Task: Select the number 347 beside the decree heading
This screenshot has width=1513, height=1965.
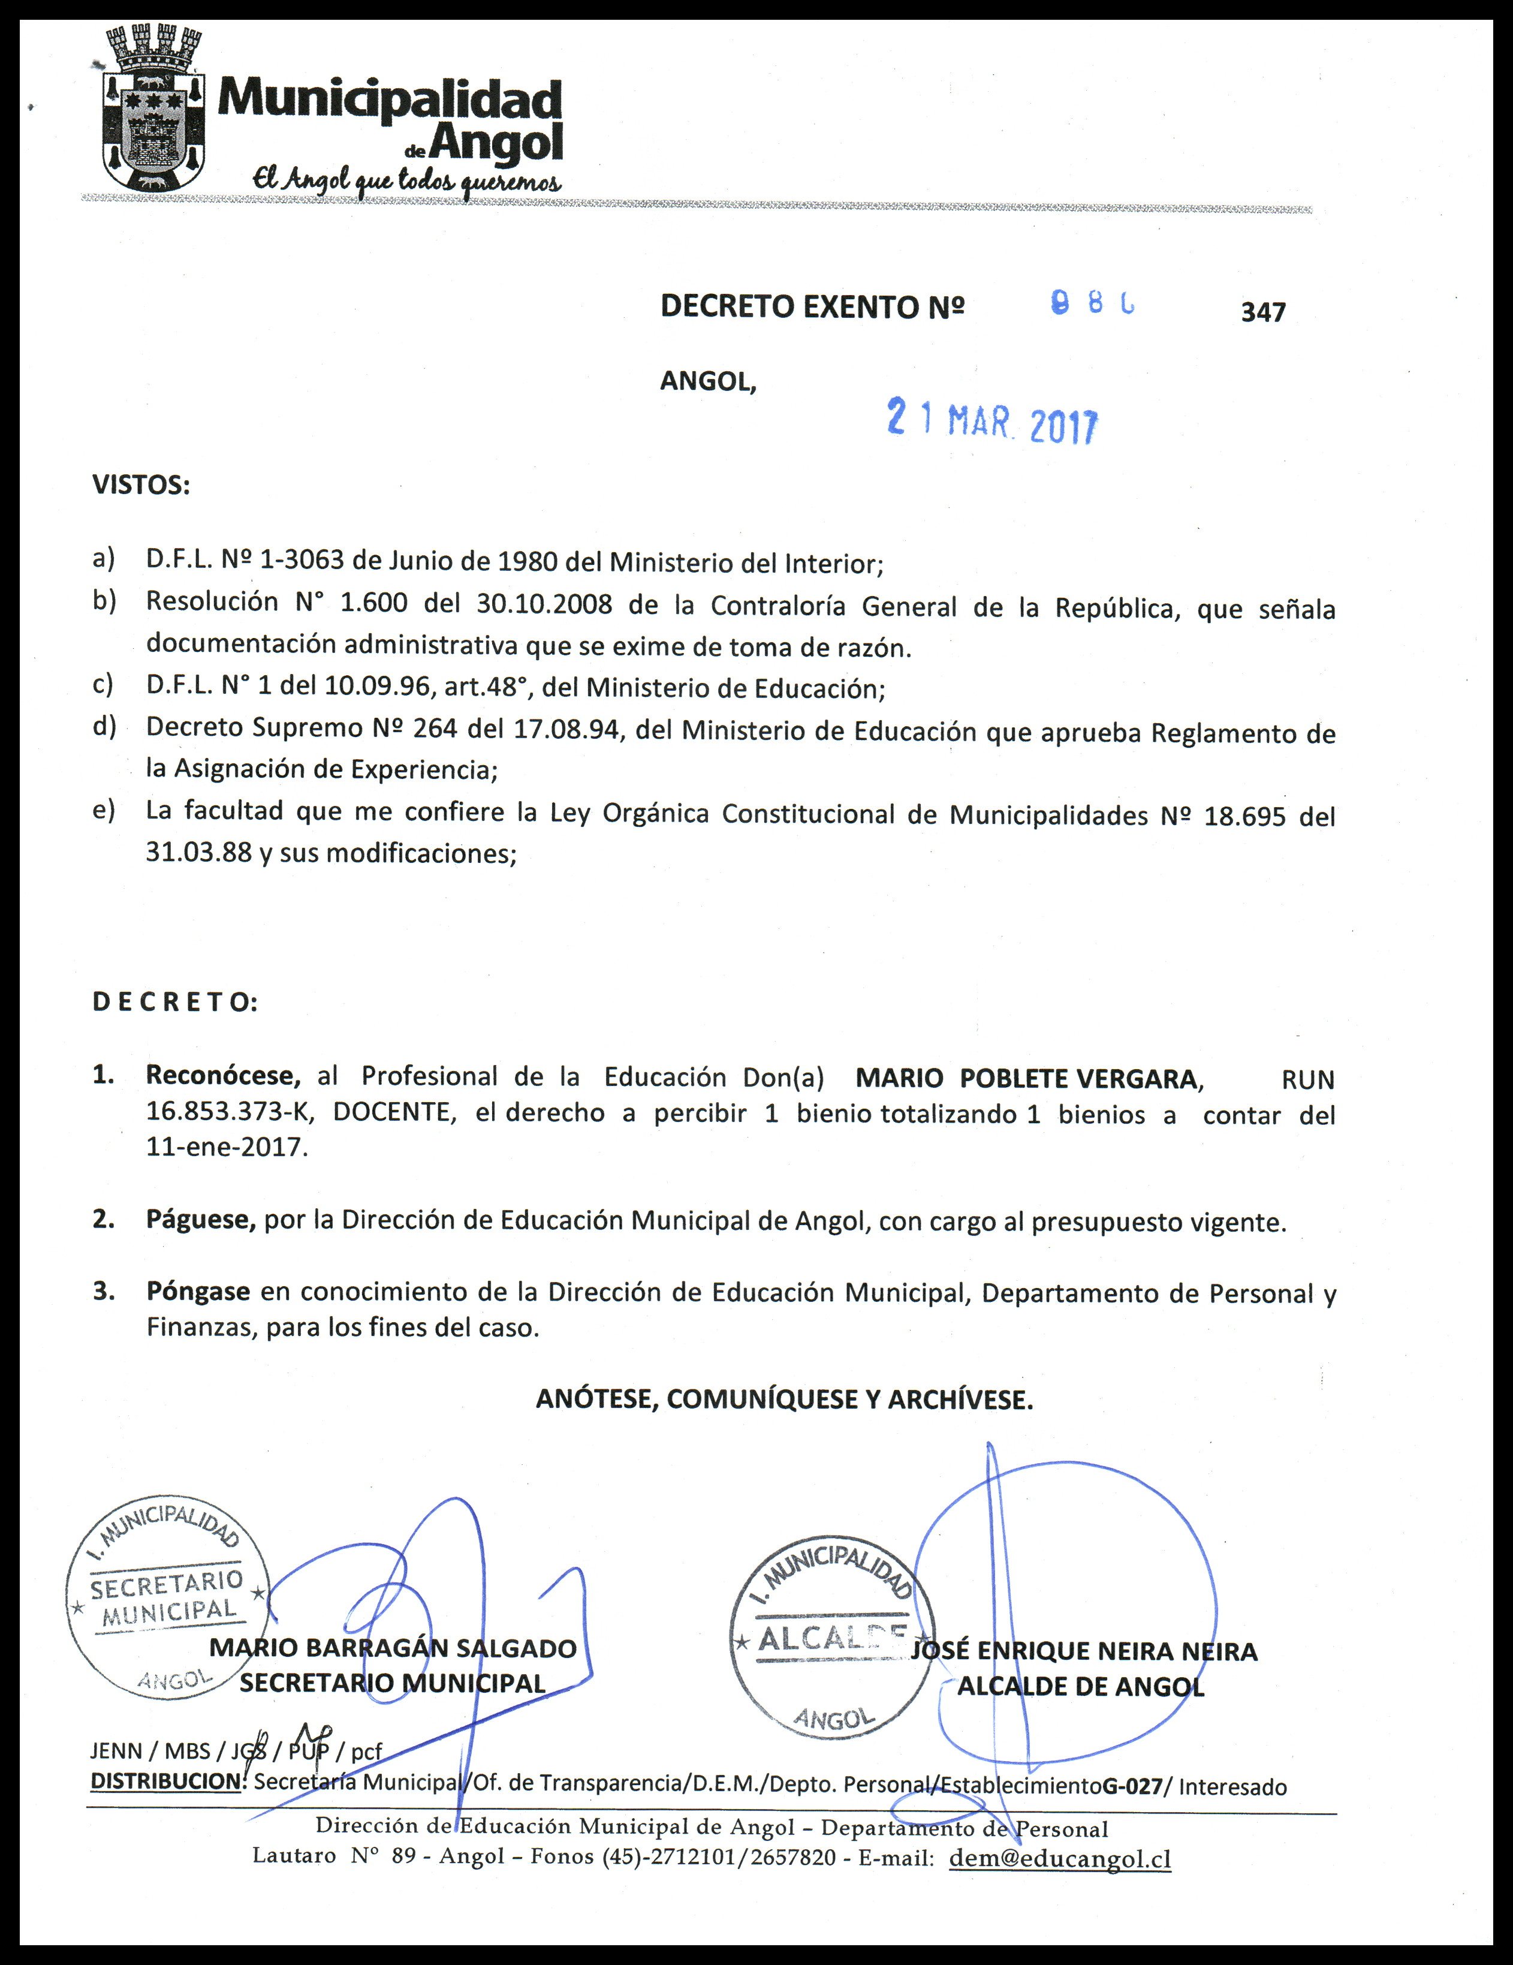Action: click(x=1263, y=312)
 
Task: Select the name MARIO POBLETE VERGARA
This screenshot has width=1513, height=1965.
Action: click(x=1026, y=1078)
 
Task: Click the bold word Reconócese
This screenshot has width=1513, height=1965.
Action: click(x=223, y=1076)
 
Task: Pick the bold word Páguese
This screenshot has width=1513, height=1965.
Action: click(x=201, y=1221)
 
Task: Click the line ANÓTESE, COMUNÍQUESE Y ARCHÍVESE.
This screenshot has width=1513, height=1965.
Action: click(x=785, y=1400)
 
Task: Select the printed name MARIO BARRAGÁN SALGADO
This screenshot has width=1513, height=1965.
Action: click(x=393, y=1648)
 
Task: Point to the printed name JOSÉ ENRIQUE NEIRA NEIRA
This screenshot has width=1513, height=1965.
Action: click(x=1084, y=1651)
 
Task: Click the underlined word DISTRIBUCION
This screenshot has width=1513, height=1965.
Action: click(x=167, y=1782)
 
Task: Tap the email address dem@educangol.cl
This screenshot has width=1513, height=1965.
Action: click(x=1060, y=1858)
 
